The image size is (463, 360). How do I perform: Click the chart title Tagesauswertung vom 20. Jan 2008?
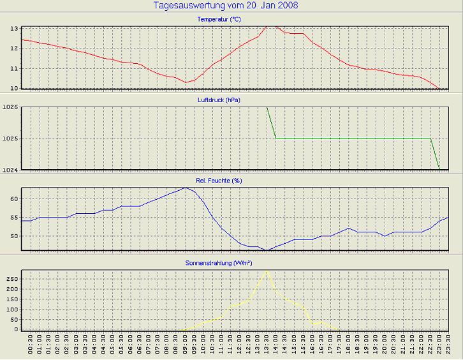(x=226, y=6)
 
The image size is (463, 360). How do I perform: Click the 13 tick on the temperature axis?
(x=14, y=29)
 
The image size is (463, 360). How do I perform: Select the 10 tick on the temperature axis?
(x=14, y=88)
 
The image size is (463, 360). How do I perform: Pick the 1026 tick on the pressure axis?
(x=10, y=107)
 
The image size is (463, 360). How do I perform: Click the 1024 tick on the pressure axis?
(x=10, y=169)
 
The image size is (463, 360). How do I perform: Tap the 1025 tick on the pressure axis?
(x=10, y=139)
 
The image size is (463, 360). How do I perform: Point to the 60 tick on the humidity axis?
(x=14, y=199)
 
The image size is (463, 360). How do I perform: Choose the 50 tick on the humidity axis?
(x=14, y=236)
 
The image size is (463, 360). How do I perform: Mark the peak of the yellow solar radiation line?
(x=267, y=271)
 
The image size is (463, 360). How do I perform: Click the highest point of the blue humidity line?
(x=185, y=188)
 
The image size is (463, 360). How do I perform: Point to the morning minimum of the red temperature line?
(x=185, y=82)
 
